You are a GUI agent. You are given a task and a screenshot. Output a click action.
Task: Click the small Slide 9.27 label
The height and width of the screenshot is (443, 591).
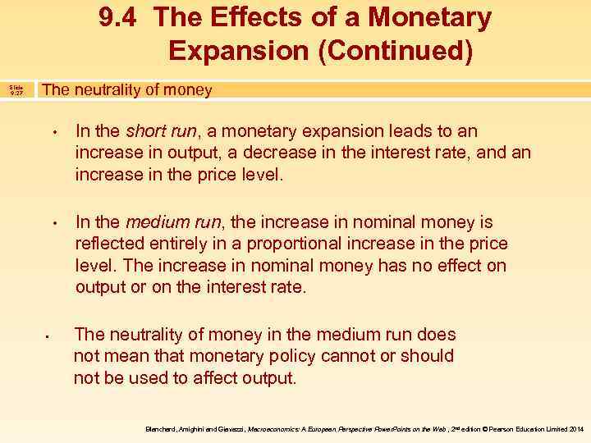click(16, 90)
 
